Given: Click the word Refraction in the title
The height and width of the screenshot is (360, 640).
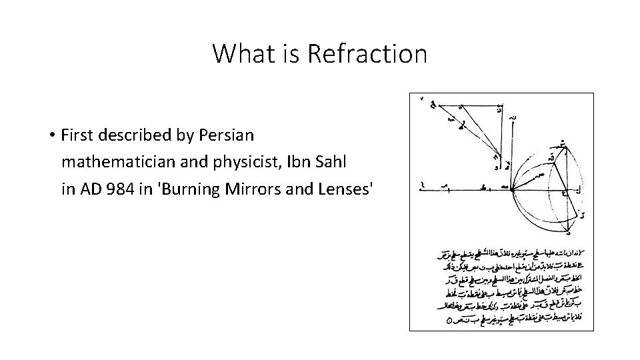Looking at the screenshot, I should point(367,53).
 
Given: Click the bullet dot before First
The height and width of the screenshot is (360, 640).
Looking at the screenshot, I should point(51,136).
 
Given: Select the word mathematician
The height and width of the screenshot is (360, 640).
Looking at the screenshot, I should point(115,162).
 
